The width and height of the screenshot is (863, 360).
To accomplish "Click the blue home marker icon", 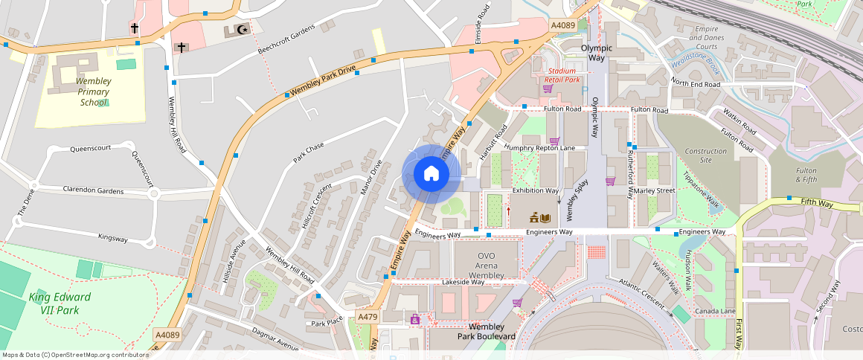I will [431, 174].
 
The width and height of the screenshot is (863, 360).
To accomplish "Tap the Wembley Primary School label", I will [94, 91].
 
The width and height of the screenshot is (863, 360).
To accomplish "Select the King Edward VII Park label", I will [60, 303].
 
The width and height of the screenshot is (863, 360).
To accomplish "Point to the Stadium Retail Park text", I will [562, 75].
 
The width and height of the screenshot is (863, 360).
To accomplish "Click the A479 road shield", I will [367, 317].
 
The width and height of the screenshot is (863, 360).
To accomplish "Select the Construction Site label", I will [705, 155].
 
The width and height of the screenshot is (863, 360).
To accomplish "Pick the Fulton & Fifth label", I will [806, 176].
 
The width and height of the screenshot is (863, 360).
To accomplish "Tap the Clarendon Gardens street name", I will [93, 190].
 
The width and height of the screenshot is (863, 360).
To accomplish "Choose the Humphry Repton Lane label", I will [539, 148].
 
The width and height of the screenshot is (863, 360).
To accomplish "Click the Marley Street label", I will [655, 190].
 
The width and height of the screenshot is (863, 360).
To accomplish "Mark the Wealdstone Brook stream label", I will [693, 64].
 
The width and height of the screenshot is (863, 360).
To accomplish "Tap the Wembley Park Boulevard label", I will [487, 332].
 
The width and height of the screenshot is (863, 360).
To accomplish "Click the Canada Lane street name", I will [714, 310].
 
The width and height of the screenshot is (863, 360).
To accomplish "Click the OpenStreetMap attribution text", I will [74, 355].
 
